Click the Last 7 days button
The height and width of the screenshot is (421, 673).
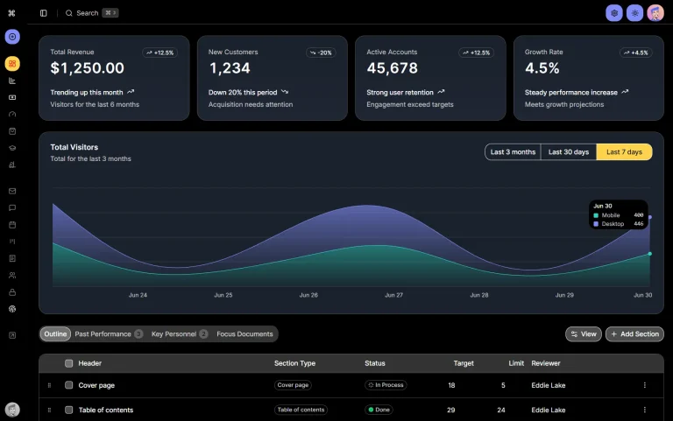(624, 152)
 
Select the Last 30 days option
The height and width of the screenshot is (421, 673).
(568, 152)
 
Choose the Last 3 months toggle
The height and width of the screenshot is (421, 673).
(513, 152)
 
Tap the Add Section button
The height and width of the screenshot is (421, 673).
(634, 334)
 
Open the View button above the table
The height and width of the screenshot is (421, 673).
(584, 334)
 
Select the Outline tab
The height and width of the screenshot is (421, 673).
(55, 334)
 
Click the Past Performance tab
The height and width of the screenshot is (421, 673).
(103, 334)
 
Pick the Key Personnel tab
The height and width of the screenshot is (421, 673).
(174, 334)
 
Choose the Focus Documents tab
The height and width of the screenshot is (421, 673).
(244, 334)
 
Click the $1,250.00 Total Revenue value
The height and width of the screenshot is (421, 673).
(87, 68)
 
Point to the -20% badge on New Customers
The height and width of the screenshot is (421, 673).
(321, 53)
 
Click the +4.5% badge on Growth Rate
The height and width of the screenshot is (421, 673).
(635, 53)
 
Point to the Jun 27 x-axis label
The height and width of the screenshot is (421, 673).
(393, 296)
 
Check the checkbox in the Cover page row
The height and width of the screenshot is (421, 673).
(69, 385)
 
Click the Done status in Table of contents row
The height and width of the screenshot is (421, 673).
(381, 410)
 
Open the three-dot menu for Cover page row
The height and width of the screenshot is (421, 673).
(645, 385)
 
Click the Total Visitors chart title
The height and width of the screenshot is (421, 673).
(74, 147)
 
